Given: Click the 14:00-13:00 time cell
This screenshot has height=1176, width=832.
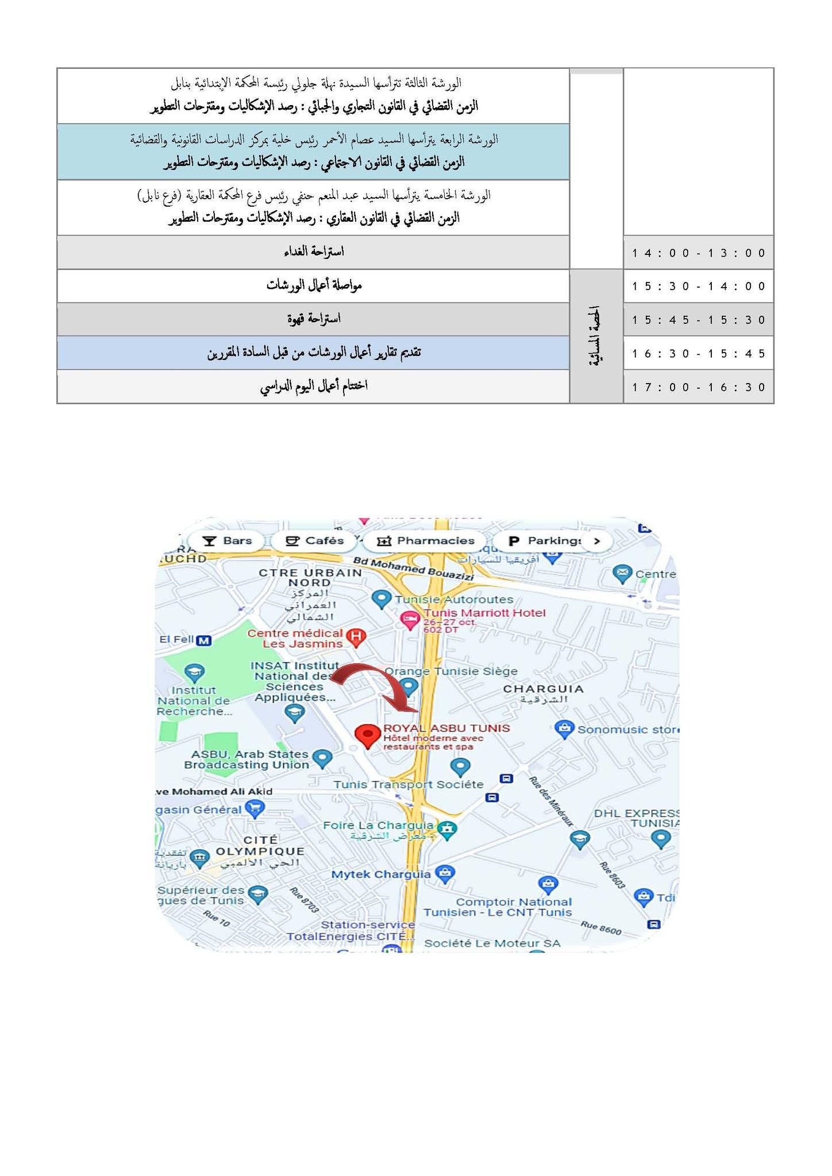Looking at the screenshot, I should (x=699, y=253).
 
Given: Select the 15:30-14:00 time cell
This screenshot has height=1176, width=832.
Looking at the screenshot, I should (x=699, y=286).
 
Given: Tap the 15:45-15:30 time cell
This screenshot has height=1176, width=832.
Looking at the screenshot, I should (x=699, y=320).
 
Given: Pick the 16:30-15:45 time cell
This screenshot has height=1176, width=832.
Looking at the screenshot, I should (x=699, y=353).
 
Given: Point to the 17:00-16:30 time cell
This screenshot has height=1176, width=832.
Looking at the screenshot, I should (x=699, y=387).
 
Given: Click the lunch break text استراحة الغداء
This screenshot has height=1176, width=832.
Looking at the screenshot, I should (x=314, y=252).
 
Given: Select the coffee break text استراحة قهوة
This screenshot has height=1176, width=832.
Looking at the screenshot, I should (x=314, y=319).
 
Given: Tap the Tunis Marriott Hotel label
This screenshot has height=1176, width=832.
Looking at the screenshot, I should (x=484, y=613).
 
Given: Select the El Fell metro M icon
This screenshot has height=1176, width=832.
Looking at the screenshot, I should (x=203, y=640).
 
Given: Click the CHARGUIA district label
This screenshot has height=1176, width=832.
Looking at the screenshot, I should (x=543, y=688).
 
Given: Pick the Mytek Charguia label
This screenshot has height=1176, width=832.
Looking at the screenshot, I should (x=382, y=875).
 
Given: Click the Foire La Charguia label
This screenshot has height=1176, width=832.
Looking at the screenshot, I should (x=378, y=825).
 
